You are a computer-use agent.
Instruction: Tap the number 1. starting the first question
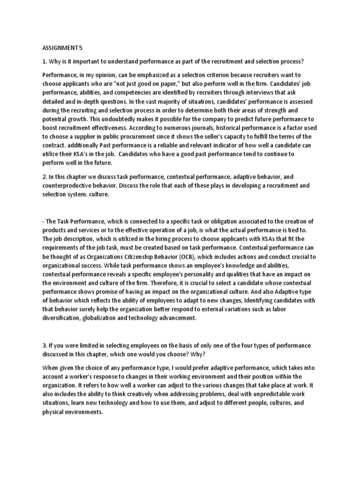pyautogui.click(x=45, y=62)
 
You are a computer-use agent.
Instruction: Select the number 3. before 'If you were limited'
pyautogui.click(x=45, y=345)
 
